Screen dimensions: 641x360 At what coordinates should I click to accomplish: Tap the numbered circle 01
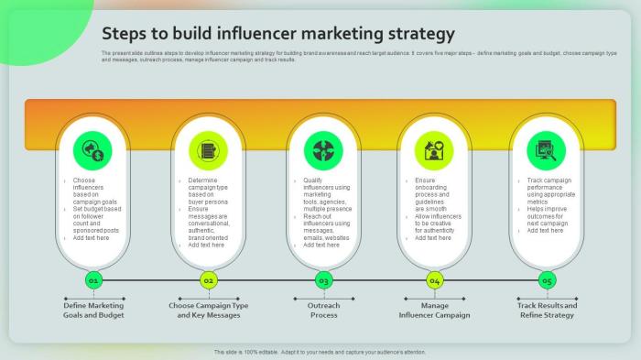(93, 279)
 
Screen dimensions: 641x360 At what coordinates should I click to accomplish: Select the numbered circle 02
(209, 279)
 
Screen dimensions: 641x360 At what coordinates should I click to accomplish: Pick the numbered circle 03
(323, 279)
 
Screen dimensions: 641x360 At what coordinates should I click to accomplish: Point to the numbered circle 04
(435, 279)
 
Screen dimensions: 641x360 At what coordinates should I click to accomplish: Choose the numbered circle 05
(547, 279)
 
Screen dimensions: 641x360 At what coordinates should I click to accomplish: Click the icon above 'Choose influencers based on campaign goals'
(93, 149)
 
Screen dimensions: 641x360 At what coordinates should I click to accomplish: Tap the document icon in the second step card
(208, 149)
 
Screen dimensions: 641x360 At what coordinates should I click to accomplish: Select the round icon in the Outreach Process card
(322, 149)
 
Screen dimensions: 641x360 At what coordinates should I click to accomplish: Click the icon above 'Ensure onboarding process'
(434, 149)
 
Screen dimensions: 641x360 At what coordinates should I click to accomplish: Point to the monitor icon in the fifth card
(547, 149)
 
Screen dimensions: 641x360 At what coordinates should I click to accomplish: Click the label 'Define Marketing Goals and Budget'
(93, 310)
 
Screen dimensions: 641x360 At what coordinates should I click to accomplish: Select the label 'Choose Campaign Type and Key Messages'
(209, 310)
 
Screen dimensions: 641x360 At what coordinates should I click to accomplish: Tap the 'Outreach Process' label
(323, 310)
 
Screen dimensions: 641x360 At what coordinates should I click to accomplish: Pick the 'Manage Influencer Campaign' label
(435, 310)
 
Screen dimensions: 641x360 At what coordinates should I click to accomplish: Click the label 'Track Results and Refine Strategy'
(547, 310)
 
